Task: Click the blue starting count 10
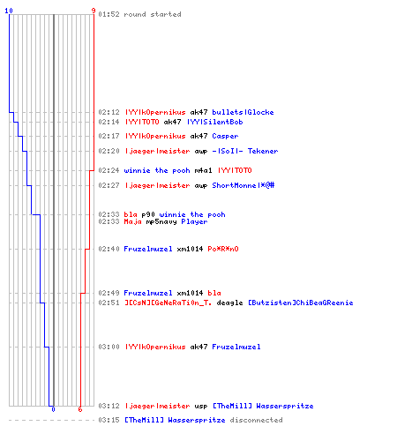click(x=9, y=11)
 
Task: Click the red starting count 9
click(x=94, y=11)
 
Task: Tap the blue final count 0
click(x=53, y=409)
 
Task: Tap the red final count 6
click(x=80, y=409)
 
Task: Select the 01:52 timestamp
click(x=109, y=14)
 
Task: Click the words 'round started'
click(x=153, y=14)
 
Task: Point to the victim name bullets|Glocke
click(x=243, y=112)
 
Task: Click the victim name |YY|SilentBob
click(x=215, y=122)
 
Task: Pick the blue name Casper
click(x=225, y=136)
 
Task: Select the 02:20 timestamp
click(x=109, y=151)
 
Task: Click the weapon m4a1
click(x=203, y=170)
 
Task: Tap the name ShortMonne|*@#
click(x=243, y=185)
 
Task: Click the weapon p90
click(x=148, y=214)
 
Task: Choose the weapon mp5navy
click(x=161, y=221)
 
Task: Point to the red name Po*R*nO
click(x=223, y=249)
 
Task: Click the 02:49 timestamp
click(x=109, y=293)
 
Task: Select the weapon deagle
click(x=229, y=303)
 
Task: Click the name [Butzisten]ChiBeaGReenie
click(x=301, y=303)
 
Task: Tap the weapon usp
click(x=201, y=406)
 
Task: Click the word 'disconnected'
click(x=256, y=420)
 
